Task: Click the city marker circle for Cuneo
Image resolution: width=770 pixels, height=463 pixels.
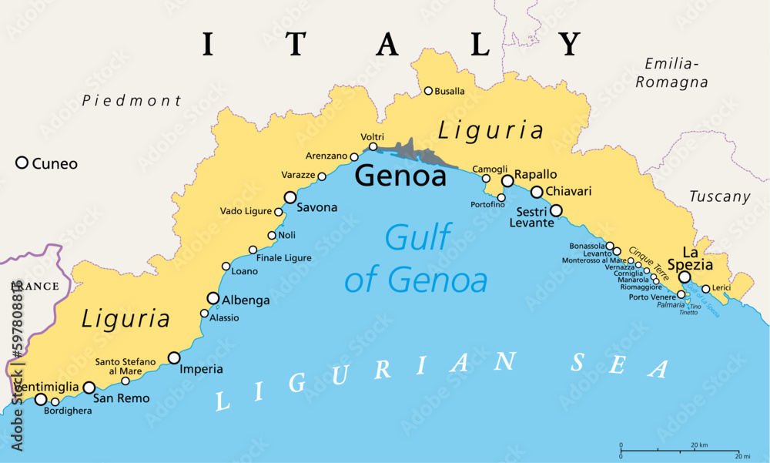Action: [22, 163]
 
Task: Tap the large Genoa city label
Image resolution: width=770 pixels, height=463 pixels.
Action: [400, 176]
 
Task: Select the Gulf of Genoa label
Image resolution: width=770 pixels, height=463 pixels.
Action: [416, 259]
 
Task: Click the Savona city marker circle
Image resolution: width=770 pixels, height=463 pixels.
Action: [290, 197]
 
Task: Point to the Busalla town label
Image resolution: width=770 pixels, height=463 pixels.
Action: [450, 91]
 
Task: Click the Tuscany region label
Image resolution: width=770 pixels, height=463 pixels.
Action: [719, 196]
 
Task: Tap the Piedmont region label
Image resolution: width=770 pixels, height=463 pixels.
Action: [132, 100]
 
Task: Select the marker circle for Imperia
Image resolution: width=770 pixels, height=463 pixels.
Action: [174, 357]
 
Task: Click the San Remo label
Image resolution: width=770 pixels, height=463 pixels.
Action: [121, 398]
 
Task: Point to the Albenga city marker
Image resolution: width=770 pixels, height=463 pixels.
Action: [213, 298]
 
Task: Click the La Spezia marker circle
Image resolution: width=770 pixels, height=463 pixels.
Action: [684, 277]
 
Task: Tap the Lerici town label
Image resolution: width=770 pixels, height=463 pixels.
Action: [721, 288]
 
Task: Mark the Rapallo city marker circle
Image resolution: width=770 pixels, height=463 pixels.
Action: [507, 181]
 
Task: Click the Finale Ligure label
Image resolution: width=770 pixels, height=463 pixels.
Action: [284, 258]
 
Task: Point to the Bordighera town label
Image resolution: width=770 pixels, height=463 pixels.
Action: [68, 411]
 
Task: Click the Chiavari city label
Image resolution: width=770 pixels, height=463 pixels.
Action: [566, 191]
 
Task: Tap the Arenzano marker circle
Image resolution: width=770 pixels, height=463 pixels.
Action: [354, 157]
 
